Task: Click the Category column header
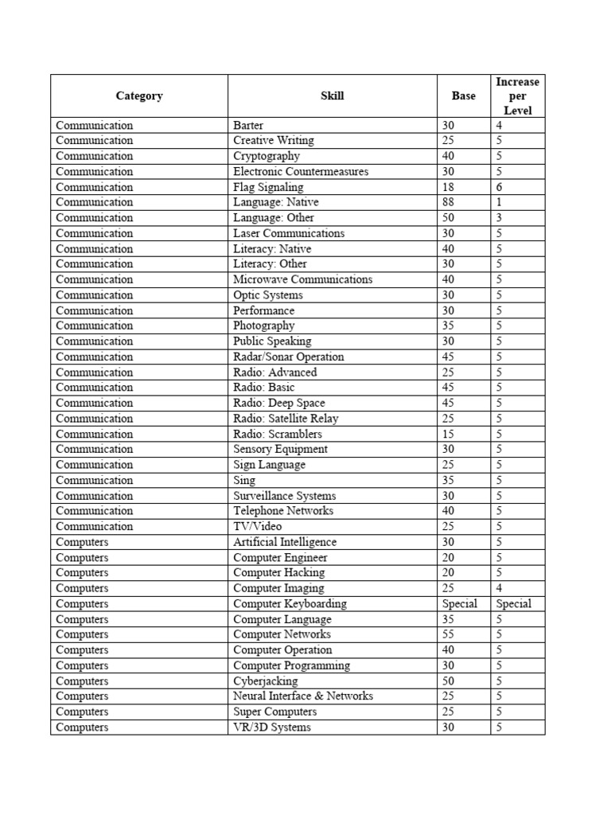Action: (139, 96)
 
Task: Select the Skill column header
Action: (333, 96)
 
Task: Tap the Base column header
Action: (463, 96)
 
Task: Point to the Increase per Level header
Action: (517, 96)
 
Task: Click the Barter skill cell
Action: (249, 126)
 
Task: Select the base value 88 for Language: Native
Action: (449, 202)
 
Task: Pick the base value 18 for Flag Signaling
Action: (449, 187)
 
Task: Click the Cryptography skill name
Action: (267, 156)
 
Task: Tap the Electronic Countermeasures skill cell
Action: (301, 172)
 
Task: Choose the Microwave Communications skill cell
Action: (302, 279)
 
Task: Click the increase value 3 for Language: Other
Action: (499, 218)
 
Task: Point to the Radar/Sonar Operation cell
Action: (289, 357)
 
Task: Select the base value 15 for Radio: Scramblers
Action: (449, 434)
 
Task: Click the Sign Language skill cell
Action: (270, 465)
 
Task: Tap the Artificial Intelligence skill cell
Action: (285, 542)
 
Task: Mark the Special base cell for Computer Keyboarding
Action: (460, 604)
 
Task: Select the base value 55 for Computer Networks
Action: (449, 634)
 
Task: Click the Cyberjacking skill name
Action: (266, 681)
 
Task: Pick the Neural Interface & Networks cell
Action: (303, 696)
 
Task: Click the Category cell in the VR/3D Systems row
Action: (83, 727)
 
